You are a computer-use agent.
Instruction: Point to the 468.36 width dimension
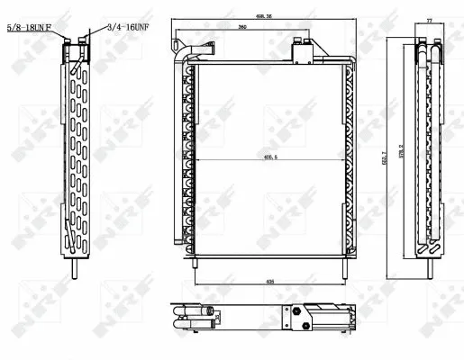(x=265, y=15)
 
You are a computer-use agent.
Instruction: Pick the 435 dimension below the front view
(x=270, y=281)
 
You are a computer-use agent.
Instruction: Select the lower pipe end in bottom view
(x=209, y=321)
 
